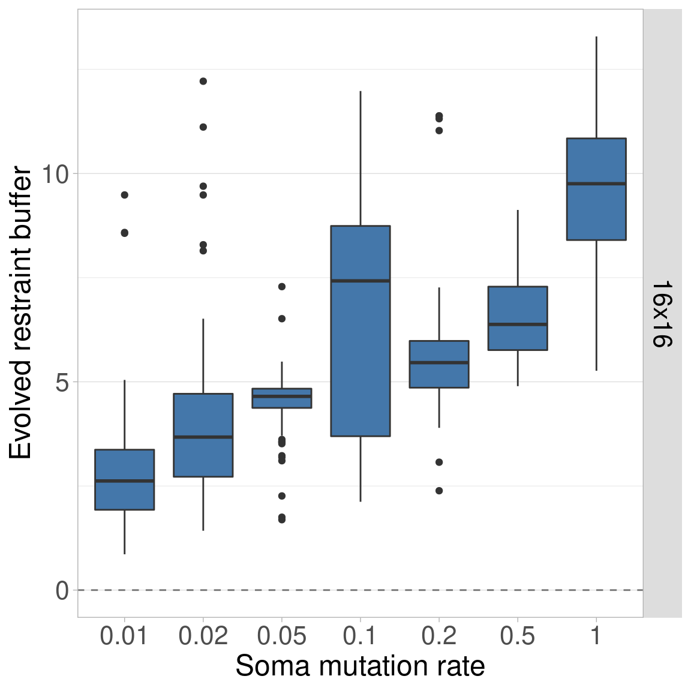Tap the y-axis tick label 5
[62, 383]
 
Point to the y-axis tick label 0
[62, 591]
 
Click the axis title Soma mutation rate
[360, 666]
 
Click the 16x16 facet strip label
[662, 313]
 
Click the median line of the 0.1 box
[360, 281]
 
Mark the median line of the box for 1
[596, 184]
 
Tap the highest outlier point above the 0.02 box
[203, 81]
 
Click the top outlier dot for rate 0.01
[124, 195]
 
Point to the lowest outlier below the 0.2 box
[439, 491]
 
